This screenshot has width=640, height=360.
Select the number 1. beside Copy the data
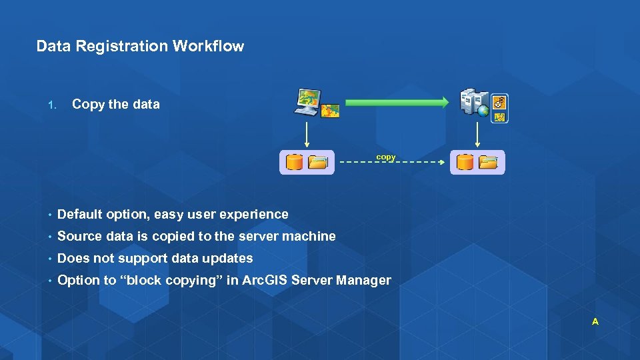(53, 105)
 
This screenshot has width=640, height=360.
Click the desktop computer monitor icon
(309, 101)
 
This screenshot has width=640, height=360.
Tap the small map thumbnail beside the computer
(330, 110)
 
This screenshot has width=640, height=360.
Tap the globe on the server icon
(483, 111)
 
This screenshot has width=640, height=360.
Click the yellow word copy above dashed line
(385, 157)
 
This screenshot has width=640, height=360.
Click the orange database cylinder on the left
(294, 162)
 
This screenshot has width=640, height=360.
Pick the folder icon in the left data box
(318, 163)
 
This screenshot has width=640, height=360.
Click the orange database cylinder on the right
(465, 162)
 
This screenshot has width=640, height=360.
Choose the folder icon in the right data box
(489, 162)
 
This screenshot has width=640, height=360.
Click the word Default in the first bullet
(79, 215)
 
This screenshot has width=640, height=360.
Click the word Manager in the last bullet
(363, 281)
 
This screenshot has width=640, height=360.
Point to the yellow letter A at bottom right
(595, 322)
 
